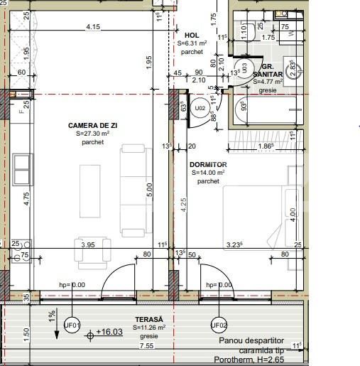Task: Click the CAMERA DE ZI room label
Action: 92,125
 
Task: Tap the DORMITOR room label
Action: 208,165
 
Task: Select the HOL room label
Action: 192,35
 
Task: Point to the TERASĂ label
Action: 150,320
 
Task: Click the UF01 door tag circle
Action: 72,325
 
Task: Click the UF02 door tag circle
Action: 219,325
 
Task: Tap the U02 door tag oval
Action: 201,109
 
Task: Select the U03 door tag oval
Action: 244,68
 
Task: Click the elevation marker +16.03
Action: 109,332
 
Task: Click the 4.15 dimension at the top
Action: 92,27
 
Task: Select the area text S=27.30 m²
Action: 92,134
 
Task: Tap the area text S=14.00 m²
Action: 208,173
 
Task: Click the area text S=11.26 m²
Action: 150,328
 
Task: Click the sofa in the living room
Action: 132,190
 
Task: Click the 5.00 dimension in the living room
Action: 149,190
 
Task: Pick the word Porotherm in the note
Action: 234,360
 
